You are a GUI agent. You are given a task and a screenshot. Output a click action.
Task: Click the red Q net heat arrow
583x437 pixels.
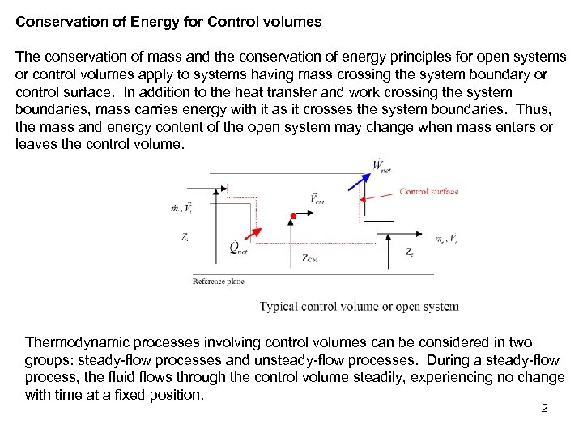249,235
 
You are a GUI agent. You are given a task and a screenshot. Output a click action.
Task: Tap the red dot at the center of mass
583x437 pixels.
294,216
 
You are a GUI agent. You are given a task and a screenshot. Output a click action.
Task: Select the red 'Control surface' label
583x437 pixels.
429,192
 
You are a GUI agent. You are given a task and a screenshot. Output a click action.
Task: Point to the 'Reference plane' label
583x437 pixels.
219,282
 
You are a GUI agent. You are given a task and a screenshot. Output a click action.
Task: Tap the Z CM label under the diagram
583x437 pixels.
311,258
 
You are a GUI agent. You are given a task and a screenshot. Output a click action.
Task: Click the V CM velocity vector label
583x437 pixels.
316,198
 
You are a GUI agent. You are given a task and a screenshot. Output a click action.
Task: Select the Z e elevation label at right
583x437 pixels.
410,252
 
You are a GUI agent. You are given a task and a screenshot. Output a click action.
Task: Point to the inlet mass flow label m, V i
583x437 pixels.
181,208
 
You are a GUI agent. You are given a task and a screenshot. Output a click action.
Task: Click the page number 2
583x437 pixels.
544,408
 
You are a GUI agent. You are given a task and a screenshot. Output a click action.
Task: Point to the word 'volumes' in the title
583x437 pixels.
295,23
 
